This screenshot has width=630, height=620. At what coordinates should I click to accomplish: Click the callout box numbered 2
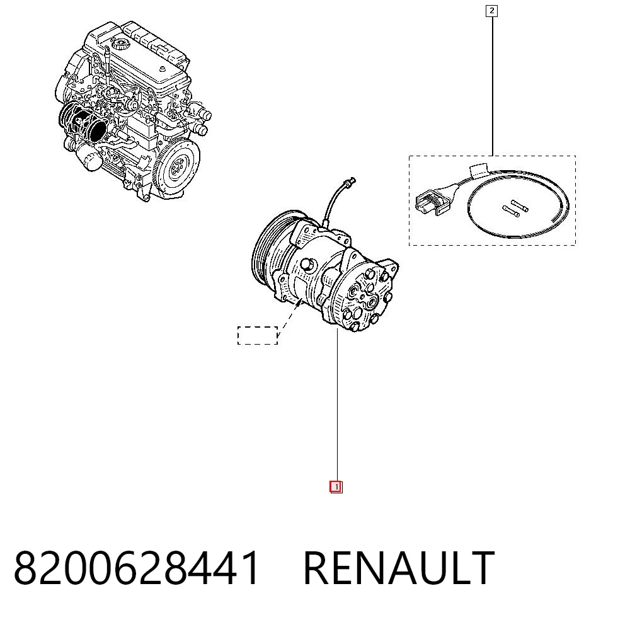click(491, 11)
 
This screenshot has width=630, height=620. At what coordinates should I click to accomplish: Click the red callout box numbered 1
click(336, 487)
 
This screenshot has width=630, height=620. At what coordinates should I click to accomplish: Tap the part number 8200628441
click(137, 567)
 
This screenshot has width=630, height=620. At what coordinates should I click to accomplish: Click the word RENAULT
click(399, 567)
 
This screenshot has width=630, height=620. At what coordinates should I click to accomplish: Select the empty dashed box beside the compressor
click(258, 335)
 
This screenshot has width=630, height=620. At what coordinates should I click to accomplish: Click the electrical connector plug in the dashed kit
click(432, 201)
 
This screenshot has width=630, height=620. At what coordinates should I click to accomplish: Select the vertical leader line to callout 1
click(337, 405)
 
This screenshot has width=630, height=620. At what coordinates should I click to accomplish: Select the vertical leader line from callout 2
click(493, 86)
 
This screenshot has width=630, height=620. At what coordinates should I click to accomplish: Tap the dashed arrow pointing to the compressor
click(290, 317)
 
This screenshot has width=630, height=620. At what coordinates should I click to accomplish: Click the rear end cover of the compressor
click(363, 296)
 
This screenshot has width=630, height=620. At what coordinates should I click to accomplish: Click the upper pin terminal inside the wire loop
click(520, 205)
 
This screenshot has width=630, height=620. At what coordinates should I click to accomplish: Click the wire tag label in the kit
click(479, 169)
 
